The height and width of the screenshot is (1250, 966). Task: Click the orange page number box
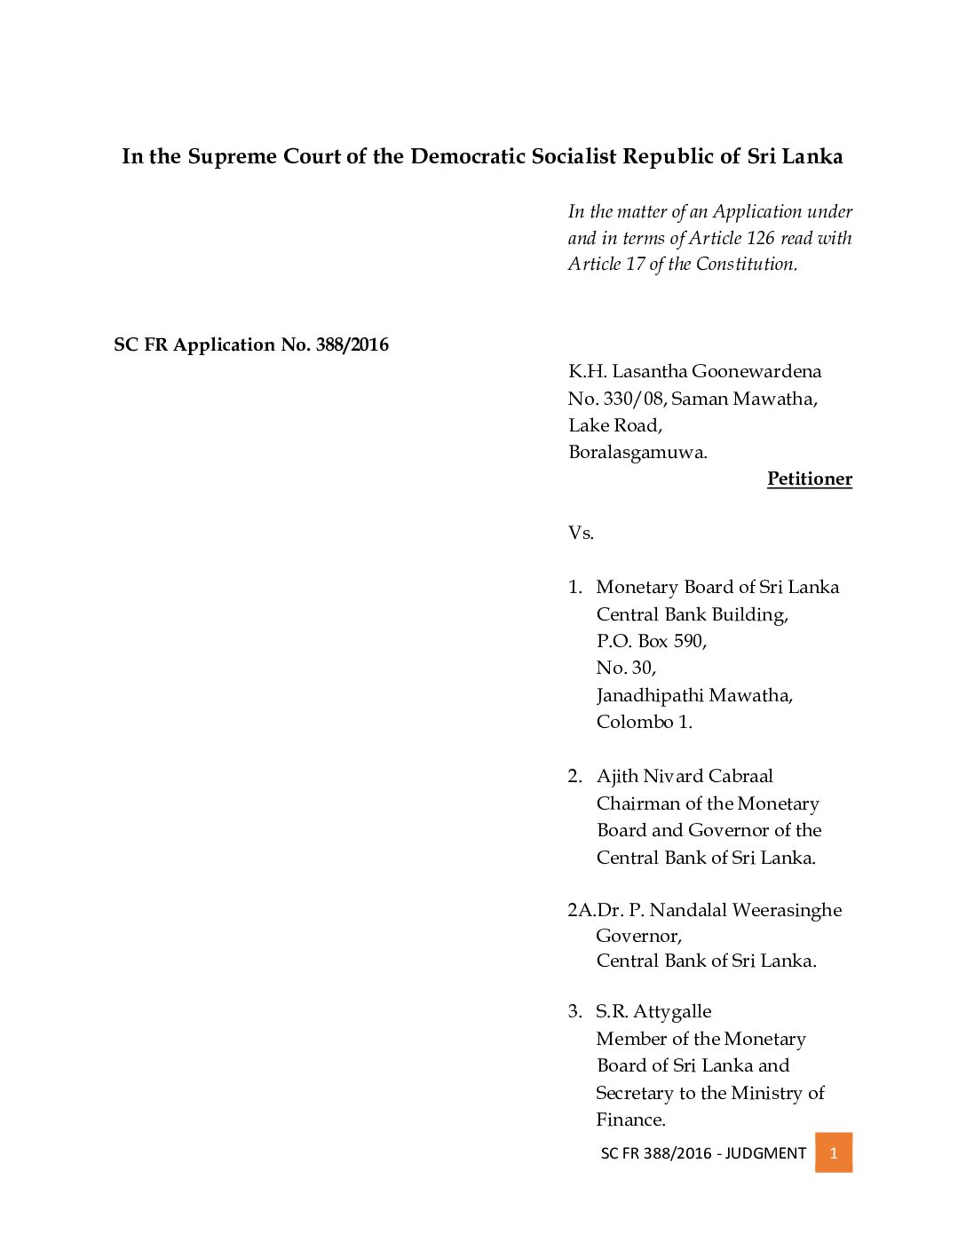click(833, 1152)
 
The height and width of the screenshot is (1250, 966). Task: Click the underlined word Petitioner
click(809, 479)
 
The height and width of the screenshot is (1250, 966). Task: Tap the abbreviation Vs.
click(581, 533)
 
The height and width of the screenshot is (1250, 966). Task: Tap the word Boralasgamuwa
click(637, 452)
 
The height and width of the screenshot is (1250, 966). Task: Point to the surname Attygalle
click(671, 1012)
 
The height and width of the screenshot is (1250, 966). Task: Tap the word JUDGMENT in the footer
click(765, 1153)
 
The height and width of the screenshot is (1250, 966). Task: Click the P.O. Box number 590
click(689, 641)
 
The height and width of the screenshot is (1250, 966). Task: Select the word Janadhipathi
click(658, 695)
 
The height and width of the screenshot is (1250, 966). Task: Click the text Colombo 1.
click(644, 722)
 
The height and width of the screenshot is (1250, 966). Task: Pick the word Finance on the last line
click(629, 1119)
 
